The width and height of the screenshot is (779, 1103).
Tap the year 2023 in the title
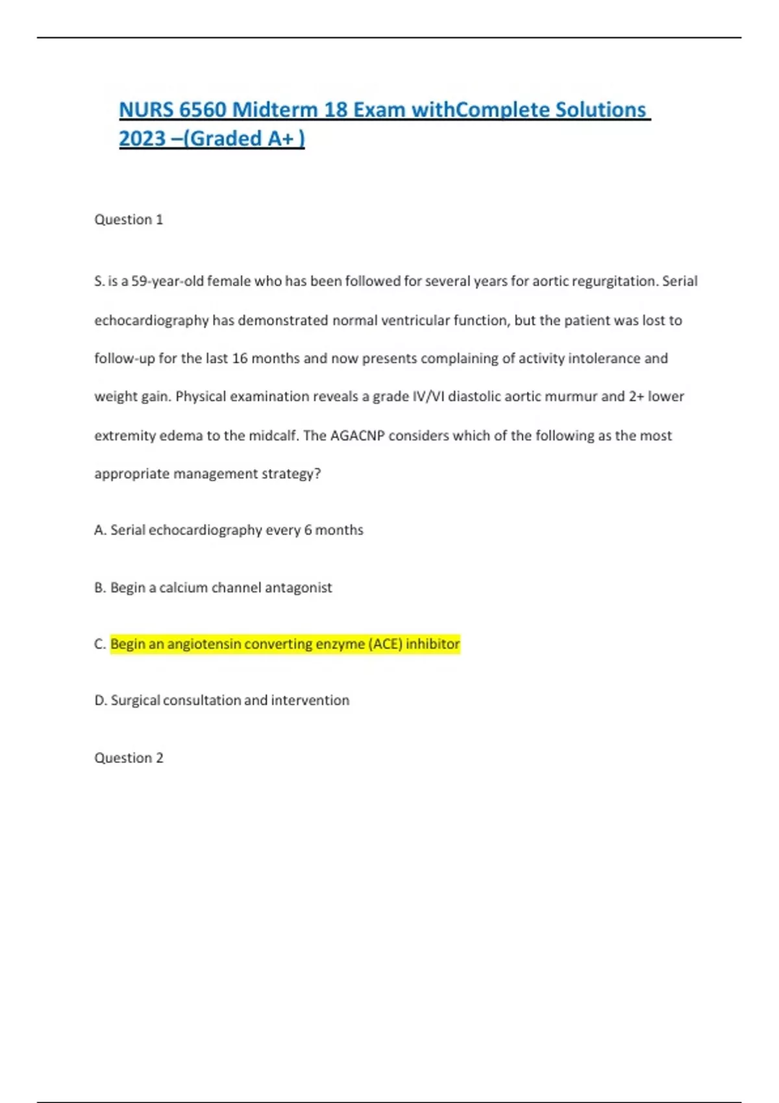click(142, 138)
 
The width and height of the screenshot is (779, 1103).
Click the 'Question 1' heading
click(129, 219)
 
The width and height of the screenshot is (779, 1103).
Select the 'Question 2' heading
click(129, 758)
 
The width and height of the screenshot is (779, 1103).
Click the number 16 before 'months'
click(240, 358)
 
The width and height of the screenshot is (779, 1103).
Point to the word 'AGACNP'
click(357, 435)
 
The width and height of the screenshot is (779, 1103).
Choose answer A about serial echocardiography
click(229, 530)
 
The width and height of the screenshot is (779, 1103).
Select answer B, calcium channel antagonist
click(214, 588)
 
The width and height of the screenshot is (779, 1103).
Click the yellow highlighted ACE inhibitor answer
click(285, 644)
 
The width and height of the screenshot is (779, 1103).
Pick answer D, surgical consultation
click(223, 701)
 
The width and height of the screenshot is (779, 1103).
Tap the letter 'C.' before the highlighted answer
click(100, 644)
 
